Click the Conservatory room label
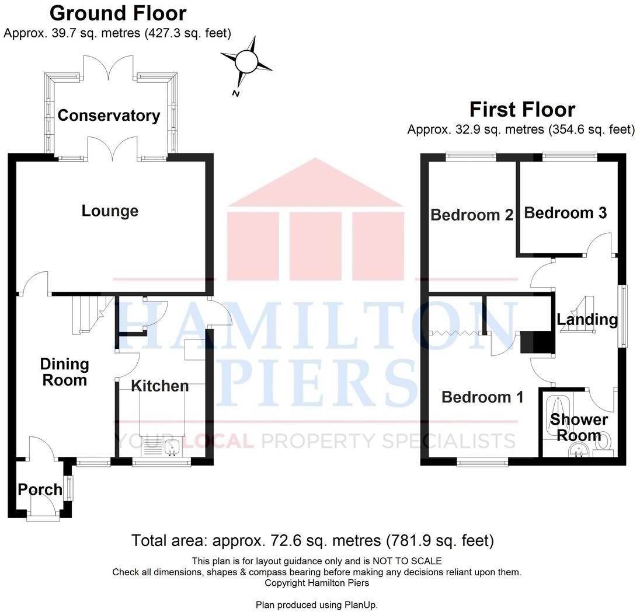coord(109,116)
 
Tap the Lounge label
coord(110,211)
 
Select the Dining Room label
coord(64,372)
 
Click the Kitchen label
coord(159,386)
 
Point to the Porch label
coord(40,489)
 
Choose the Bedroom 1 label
coord(482,397)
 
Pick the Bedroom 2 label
coord(472,215)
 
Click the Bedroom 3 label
coord(565,213)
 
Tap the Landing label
coord(587,320)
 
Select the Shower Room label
coord(579,428)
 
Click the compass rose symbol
coord(246,61)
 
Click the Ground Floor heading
coord(118,13)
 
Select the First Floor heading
coord(522,110)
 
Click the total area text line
coord(312,540)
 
